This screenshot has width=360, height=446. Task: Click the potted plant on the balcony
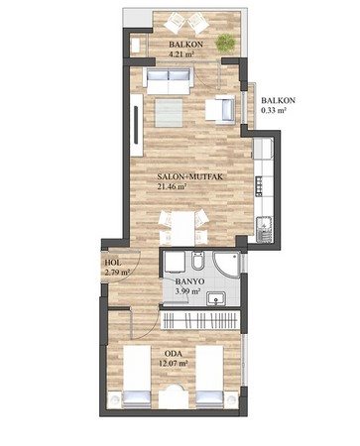click(x=226, y=43)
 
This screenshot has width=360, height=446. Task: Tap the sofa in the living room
click(x=169, y=81)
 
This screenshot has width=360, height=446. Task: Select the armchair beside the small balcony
click(x=220, y=109)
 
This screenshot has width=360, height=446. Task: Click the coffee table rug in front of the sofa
click(x=169, y=113)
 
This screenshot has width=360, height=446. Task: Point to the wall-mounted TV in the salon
click(x=136, y=125)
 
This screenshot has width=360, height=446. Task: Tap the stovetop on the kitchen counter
click(x=259, y=186)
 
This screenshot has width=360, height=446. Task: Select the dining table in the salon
click(x=182, y=228)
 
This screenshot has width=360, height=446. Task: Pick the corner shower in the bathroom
click(x=227, y=264)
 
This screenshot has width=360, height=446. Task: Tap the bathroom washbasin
click(x=216, y=298)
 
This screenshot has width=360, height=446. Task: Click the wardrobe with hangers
click(x=200, y=320)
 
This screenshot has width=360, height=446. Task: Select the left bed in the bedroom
click(x=137, y=377)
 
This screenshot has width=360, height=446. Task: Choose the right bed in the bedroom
click(x=209, y=377)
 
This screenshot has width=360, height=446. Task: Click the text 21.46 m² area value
click(x=172, y=186)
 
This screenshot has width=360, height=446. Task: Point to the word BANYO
click(x=189, y=281)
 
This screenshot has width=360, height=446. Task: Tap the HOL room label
click(x=113, y=263)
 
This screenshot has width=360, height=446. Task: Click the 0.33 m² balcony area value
click(x=274, y=110)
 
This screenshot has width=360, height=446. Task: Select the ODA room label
click(x=174, y=354)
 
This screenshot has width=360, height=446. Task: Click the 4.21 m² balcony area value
click(x=180, y=54)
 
